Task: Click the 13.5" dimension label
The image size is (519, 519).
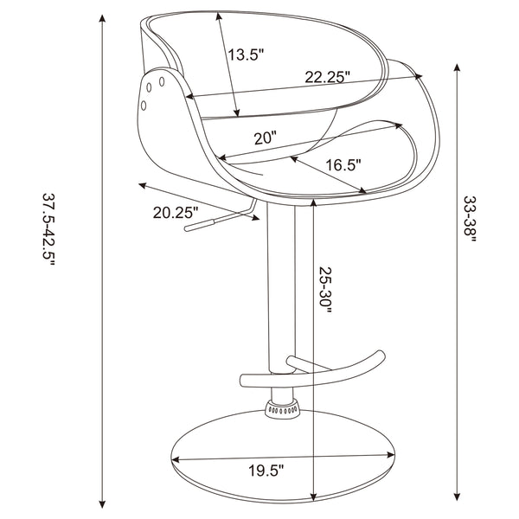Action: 246,54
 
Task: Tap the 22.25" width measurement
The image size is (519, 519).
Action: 327,77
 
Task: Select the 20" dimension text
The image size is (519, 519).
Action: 265,138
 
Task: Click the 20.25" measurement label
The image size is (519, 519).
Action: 176,212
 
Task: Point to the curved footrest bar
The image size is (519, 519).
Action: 346,368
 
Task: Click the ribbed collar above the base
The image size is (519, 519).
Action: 283,407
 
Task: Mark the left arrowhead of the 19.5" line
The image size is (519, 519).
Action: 176,458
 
